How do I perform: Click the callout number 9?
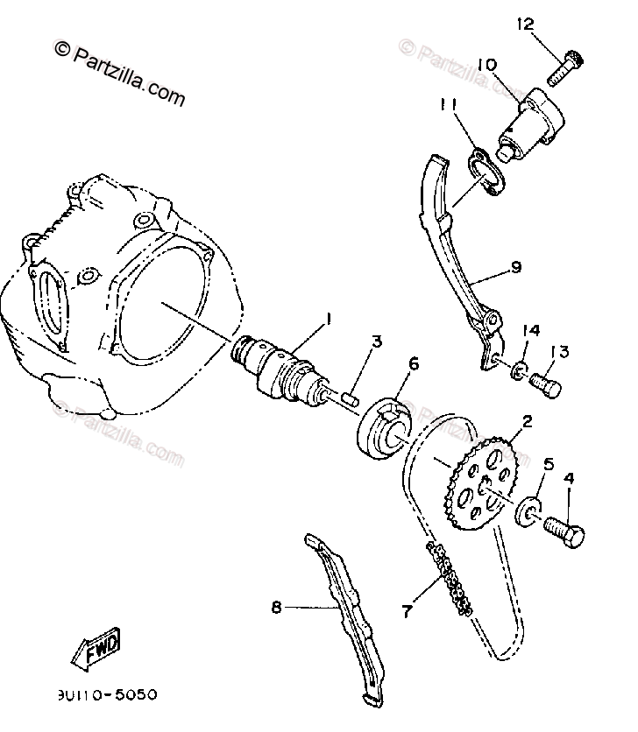(515, 267)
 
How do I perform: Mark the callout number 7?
(406, 611)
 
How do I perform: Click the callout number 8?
(277, 606)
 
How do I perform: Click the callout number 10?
(487, 64)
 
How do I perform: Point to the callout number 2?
(527, 422)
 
